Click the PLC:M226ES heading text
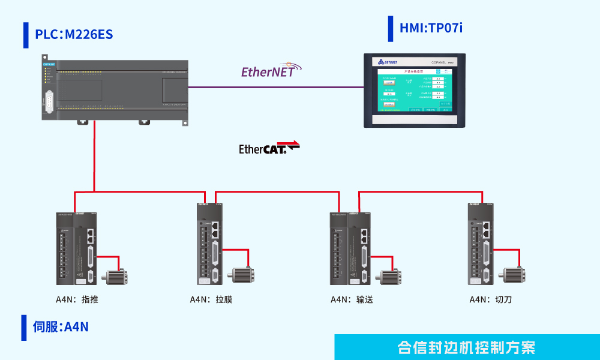[x=74, y=35]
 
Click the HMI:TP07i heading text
[x=431, y=28]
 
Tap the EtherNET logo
[x=268, y=71]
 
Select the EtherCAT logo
[x=269, y=148]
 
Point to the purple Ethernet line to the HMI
[x=276, y=88]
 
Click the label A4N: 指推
[x=77, y=299]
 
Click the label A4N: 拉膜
[x=211, y=299]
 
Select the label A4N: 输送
[x=352, y=299]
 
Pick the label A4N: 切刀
[x=490, y=299]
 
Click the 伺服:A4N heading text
[x=61, y=327]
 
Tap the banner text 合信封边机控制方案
[x=466, y=347]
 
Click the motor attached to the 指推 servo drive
[x=115, y=276]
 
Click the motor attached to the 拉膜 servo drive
[x=244, y=274]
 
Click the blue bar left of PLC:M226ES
[x=26, y=35]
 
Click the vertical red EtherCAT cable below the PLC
[x=94, y=156]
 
